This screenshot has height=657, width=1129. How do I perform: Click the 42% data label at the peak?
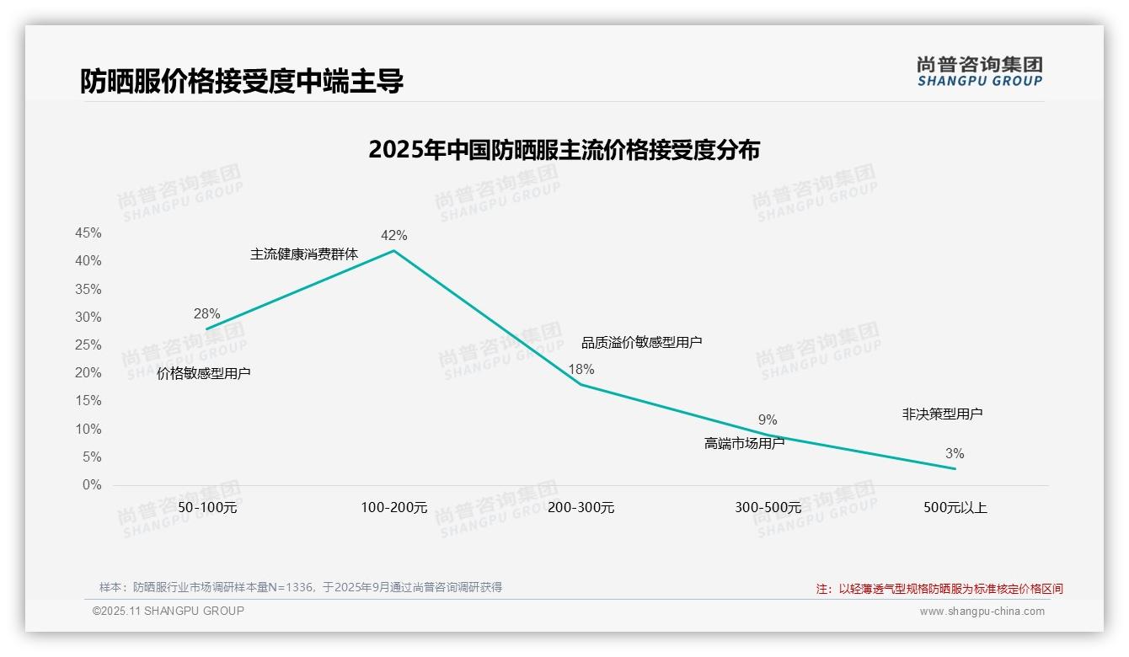393,235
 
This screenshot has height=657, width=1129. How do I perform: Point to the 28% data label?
206,313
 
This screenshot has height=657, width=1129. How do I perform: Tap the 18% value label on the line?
581,369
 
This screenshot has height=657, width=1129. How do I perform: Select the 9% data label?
768,419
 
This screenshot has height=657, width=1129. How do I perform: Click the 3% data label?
955,453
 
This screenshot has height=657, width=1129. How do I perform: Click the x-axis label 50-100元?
207,508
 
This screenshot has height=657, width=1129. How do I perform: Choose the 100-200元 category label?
394,508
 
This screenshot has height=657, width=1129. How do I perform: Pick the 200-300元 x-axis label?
581,508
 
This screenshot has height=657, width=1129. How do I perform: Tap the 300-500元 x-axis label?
768,508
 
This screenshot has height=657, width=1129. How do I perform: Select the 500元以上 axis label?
955,508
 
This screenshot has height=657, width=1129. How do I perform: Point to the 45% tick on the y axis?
88,232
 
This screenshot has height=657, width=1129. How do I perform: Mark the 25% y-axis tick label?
88,345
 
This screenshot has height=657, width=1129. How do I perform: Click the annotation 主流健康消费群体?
304,254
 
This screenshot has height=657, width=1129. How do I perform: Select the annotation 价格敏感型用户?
204,373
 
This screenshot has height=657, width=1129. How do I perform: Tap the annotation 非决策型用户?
942,414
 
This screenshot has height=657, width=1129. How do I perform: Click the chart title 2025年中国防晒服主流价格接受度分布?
564,150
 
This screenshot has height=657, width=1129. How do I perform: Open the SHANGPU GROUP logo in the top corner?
979,72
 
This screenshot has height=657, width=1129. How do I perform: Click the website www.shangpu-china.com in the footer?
982,612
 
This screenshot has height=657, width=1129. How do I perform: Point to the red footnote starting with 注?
939,589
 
